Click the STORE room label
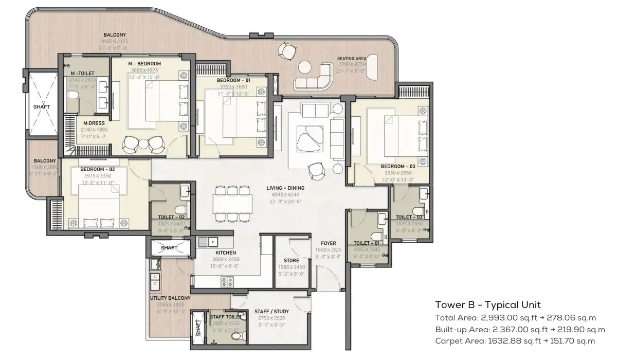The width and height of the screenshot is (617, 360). coord(292,261)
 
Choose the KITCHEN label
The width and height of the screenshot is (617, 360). coord(226,253)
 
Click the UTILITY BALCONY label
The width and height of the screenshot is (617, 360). coord(170,298)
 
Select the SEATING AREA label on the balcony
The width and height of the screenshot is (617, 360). coord(352,59)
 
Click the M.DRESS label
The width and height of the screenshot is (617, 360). coord(92,123)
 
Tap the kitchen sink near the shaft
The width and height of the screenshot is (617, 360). coord(209,241)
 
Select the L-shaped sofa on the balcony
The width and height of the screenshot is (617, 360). coord(314,77)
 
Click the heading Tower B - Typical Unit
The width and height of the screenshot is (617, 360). coord(487,304)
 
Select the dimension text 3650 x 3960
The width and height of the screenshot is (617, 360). coord(398,173)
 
